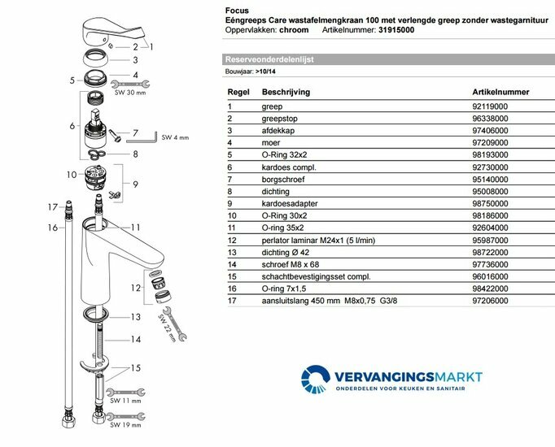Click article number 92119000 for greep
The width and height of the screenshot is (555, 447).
point(472,106)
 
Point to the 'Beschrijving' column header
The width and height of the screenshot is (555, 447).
point(286,93)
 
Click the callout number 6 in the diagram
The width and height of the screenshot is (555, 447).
point(72,126)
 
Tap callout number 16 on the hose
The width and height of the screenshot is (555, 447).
point(51,228)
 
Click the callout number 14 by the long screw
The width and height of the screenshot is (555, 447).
point(136,339)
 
